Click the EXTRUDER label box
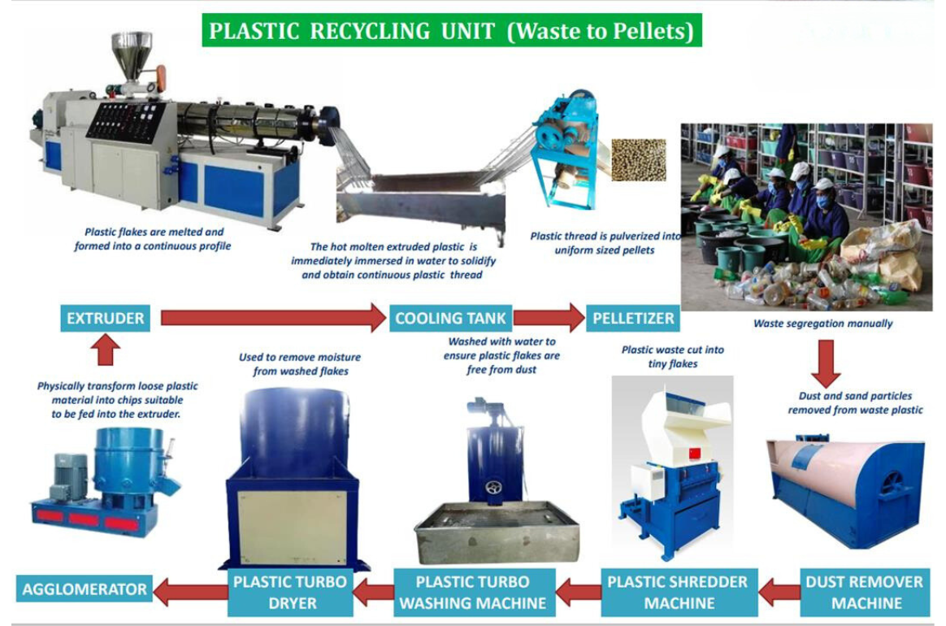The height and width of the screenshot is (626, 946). click(106, 318)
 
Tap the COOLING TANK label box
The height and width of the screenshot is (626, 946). click(450, 318)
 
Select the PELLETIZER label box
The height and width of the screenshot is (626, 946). click(633, 318)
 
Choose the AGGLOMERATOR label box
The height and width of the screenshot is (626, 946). click(85, 589)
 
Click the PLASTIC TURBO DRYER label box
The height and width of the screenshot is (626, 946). click(290, 592)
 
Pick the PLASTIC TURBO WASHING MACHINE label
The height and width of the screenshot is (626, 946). click(472, 592)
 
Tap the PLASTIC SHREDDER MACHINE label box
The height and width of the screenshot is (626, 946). click(678, 592)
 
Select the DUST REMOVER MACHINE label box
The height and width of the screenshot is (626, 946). click(865, 592)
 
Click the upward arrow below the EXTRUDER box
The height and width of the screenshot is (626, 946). click(105, 351)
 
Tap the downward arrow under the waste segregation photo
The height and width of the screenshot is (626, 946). click(825, 363)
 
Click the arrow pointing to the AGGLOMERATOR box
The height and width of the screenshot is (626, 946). click(188, 590)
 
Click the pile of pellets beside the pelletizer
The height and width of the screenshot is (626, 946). click(638, 159)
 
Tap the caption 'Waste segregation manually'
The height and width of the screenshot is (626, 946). click(822, 324)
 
